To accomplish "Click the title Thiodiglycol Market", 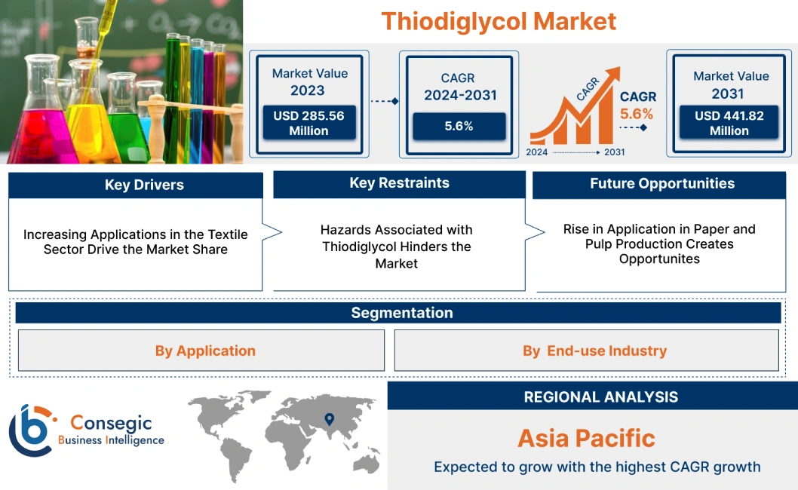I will [499, 21].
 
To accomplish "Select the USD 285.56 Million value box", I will [308, 123].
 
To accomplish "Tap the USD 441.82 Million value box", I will [729, 123].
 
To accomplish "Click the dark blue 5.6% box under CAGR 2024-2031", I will [459, 126].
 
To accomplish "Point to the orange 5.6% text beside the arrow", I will [637, 115].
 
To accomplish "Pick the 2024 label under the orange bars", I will [536, 152].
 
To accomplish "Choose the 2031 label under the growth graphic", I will [614, 152].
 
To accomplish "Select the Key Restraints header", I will [399, 183].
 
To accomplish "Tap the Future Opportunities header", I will [661, 184].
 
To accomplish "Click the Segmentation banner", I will [401, 313].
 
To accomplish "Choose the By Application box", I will [205, 351].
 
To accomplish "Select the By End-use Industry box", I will [594, 351].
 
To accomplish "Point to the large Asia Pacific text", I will [586, 438].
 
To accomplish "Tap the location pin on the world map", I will [329, 418].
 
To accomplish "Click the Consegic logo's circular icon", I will [32, 430].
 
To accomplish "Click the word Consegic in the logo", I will [110, 424].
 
